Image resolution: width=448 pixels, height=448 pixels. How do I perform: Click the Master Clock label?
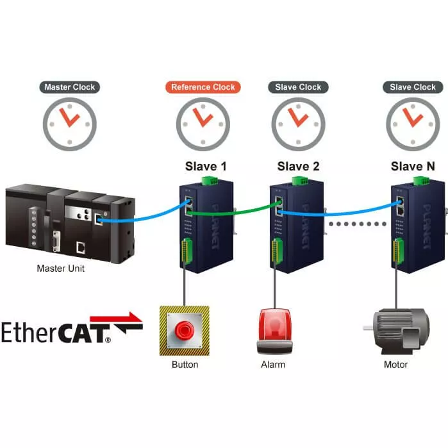pos(69,87)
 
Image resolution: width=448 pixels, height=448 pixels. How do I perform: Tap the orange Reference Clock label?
pos(203,87)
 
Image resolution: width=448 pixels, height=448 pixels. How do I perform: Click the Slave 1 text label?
pos(206,167)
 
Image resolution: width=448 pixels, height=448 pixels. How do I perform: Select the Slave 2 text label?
pos(298,167)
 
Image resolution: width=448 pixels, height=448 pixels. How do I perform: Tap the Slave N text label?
pos(413,167)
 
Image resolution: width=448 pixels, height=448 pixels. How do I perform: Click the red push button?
pos(185,331)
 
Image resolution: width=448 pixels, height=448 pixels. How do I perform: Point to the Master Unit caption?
pos(60,269)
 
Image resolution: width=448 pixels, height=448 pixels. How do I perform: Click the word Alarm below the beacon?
pos(273,365)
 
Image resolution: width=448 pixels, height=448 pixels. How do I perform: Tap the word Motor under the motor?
pos(395,365)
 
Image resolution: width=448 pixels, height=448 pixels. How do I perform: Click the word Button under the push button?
pos(185,365)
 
